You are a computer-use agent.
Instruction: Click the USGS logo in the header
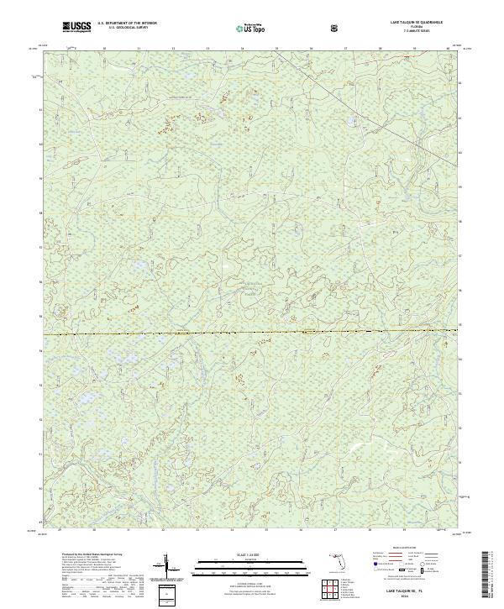76,27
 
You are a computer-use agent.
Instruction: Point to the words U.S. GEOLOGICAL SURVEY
126,29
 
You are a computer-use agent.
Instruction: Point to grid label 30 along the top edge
104,50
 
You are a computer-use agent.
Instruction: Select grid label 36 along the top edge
311,50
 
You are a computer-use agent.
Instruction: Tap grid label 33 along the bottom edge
197,530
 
